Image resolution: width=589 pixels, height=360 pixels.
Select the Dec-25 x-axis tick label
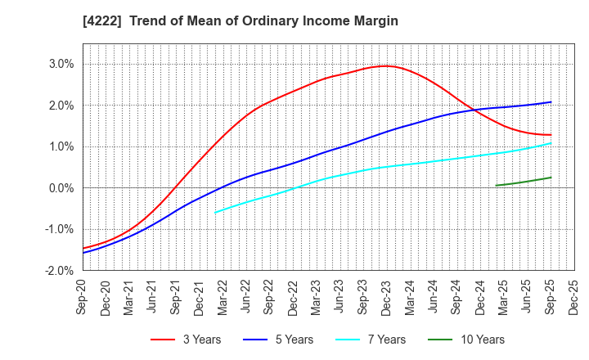tap(574, 296)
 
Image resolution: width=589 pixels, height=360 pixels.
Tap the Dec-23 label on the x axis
tap(387, 296)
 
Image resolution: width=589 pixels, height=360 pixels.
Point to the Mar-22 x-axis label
tap(223, 296)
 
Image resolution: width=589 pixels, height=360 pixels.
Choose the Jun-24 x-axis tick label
tap(434, 296)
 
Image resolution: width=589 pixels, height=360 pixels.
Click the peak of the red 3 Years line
tap(386, 65)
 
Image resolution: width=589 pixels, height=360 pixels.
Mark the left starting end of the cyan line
tap(215, 213)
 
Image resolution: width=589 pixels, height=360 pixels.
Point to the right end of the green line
tap(551, 178)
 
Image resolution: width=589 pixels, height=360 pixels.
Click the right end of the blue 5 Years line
tap(551, 102)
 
